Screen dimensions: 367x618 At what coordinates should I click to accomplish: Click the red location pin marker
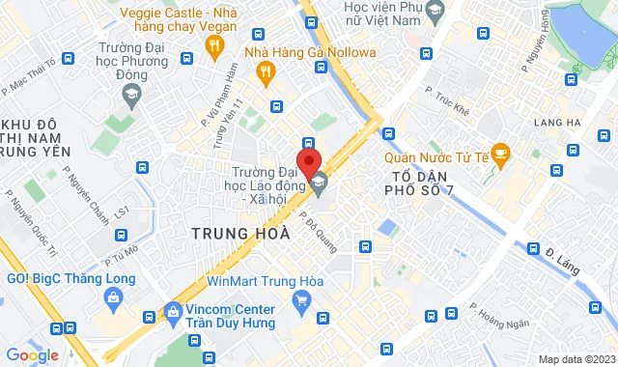pyautogui.click(x=308, y=159)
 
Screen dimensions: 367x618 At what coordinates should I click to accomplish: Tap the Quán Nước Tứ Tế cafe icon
pyautogui.click(x=500, y=153)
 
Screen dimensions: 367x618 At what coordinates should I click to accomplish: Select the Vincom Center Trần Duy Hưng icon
pyautogui.click(x=174, y=312)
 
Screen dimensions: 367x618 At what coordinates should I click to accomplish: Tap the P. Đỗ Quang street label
pyautogui.click(x=318, y=233)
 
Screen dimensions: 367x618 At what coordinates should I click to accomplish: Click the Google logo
pyautogui.click(x=32, y=354)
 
